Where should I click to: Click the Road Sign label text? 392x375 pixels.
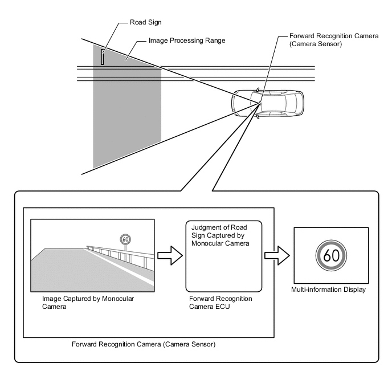pyautogui.click(x=145, y=22)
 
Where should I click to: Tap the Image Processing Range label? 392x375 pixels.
pyautogui.click(x=187, y=40)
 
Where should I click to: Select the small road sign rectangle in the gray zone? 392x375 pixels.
pyautogui.click(x=102, y=57)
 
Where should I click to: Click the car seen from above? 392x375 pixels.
pyautogui.click(x=267, y=103)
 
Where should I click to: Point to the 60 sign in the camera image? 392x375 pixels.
pyautogui.click(x=125, y=239)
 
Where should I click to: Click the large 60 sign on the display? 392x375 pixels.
pyautogui.click(x=331, y=255)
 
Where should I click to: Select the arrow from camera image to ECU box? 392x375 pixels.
pyautogui.click(x=170, y=255)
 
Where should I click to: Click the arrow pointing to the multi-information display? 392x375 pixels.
pyautogui.click(x=277, y=255)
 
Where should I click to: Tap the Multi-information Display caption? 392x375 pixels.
pyautogui.click(x=328, y=290)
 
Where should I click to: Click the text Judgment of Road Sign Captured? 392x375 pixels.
pyautogui.click(x=219, y=231)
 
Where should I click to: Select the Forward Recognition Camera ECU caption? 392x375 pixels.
pyautogui.click(x=220, y=303)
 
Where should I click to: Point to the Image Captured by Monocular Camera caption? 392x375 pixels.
pyautogui.click(x=88, y=303)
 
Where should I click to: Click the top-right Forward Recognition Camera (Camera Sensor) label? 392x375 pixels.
pyautogui.click(x=334, y=40)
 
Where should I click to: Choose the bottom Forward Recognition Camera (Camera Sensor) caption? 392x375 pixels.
pyautogui.click(x=144, y=344)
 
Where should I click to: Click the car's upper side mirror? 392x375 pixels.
pyautogui.click(x=258, y=89)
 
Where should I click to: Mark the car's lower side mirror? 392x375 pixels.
pyautogui.click(x=258, y=117)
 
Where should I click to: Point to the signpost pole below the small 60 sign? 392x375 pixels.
pyautogui.click(x=125, y=248)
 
